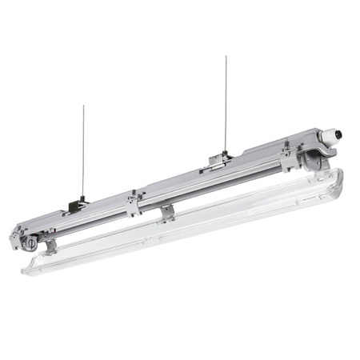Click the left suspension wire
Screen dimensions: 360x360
pos(82,152)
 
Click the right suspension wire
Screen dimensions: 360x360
pos(226,104)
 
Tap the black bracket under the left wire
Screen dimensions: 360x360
pos(78,205)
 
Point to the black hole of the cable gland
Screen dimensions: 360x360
pos(338,134)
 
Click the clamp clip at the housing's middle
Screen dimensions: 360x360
pos(133,202)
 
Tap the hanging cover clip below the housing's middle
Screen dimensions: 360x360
pos(167,213)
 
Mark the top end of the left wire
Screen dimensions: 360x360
pos(83,106)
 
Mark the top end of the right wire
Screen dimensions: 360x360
pos(226,57)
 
